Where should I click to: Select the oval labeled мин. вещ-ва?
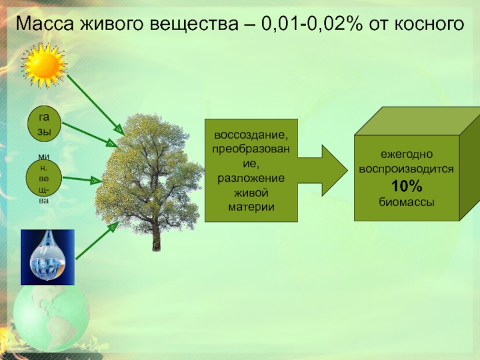[44, 179]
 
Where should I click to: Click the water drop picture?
[47, 257]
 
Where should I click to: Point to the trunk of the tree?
[157, 236]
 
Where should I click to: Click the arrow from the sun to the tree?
[93, 102]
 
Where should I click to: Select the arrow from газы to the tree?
[89, 134]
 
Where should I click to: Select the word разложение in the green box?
[251, 179]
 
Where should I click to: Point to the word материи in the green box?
[251, 206]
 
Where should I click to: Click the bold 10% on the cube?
[406, 185]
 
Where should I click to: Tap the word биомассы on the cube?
[406, 200]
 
